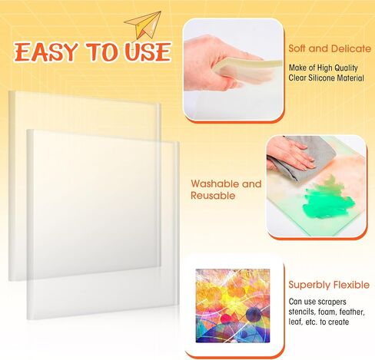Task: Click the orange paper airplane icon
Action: [x=144, y=25]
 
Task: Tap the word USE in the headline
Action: [x=148, y=52]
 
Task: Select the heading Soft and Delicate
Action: [x=330, y=48]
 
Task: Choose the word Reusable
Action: [x=213, y=196]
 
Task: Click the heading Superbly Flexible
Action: [x=329, y=285]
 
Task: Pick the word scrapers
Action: [x=332, y=302]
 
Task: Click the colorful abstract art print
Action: [x=233, y=306]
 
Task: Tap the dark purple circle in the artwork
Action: [x=254, y=314]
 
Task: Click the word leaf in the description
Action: [x=295, y=322]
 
